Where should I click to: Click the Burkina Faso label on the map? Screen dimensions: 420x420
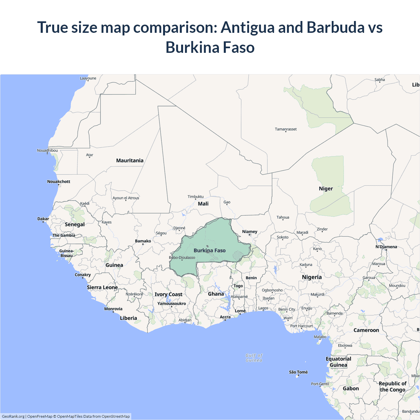[x=210, y=251]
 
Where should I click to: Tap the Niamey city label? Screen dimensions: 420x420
[x=250, y=232]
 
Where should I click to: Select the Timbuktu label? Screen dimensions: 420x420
[x=196, y=197]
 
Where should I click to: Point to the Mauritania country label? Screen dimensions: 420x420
[x=130, y=160]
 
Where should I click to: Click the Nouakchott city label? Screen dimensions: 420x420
[x=59, y=181]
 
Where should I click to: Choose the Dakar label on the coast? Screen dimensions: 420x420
[x=43, y=219]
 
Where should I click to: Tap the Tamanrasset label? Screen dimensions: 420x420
[x=285, y=129]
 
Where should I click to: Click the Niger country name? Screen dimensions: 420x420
[x=326, y=189]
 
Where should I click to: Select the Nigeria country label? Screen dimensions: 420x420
[x=312, y=277]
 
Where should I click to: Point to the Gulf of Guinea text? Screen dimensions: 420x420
[x=254, y=358]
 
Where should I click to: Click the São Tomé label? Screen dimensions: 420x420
[x=298, y=372]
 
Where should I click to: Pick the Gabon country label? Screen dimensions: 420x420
[x=351, y=388]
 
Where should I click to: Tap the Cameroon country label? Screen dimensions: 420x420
[x=366, y=330]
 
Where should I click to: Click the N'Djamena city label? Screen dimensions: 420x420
[x=386, y=247]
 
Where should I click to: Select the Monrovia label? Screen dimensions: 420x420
[x=113, y=309]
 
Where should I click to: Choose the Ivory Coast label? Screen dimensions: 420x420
[x=168, y=294]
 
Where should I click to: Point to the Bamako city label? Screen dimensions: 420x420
[x=143, y=241]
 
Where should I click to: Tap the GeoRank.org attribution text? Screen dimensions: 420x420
[x=13, y=416]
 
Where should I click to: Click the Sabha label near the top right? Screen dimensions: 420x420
[x=380, y=79]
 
